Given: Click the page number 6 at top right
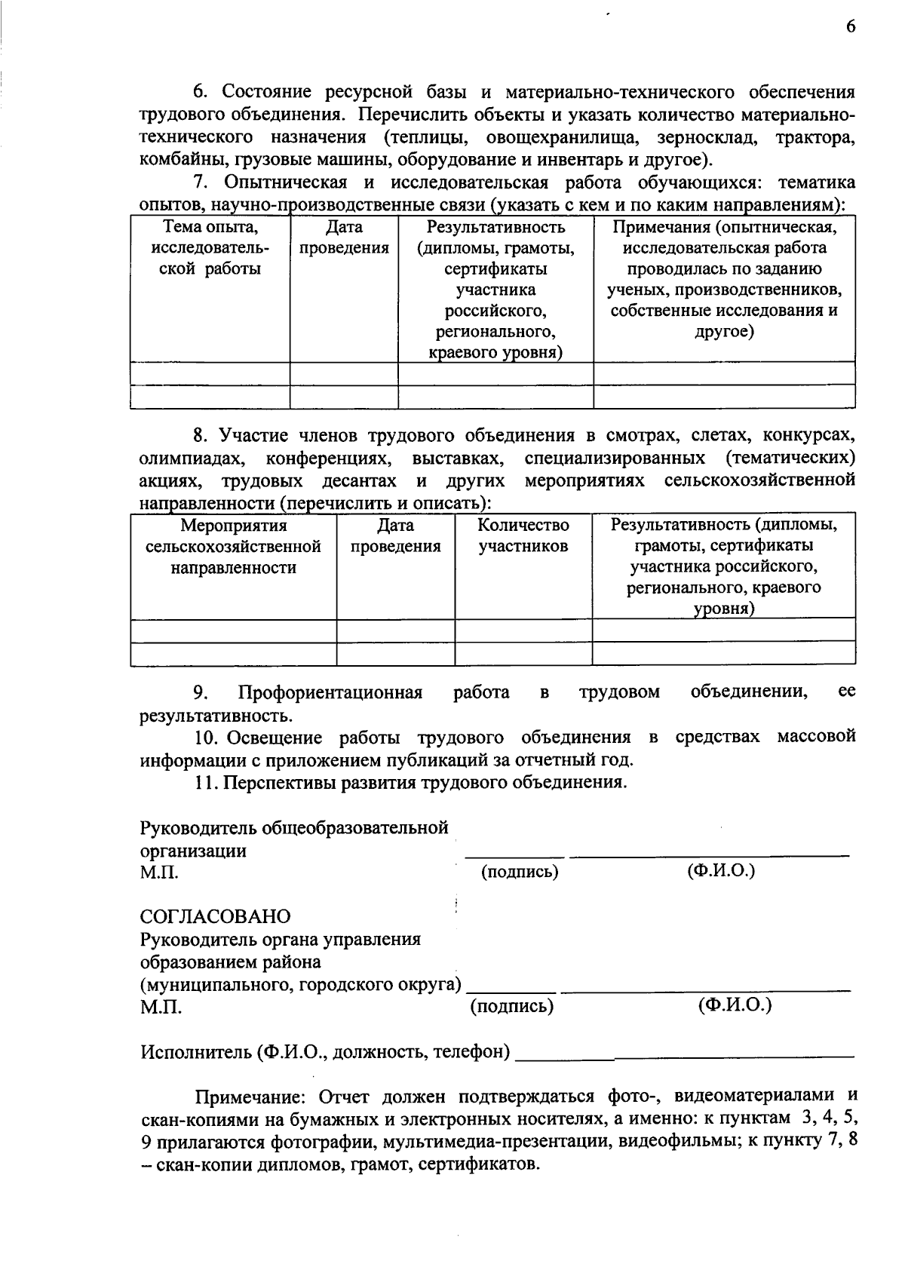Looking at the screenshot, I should point(851,26).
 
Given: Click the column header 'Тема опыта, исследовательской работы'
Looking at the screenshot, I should point(210,248).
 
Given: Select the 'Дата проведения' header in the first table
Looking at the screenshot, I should point(344,238).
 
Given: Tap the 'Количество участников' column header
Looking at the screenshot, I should point(523,535).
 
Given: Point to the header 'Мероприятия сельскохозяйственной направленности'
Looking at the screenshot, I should point(233,546).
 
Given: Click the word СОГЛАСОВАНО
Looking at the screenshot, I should point(215,917).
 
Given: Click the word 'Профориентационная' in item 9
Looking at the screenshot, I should point(330,692).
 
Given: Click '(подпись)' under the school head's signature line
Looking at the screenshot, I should point(520,872).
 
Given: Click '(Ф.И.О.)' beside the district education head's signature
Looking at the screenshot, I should point(735,1005).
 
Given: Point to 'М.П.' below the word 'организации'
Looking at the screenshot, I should point(160,873).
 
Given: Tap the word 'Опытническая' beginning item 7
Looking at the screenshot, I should point(286,183).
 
